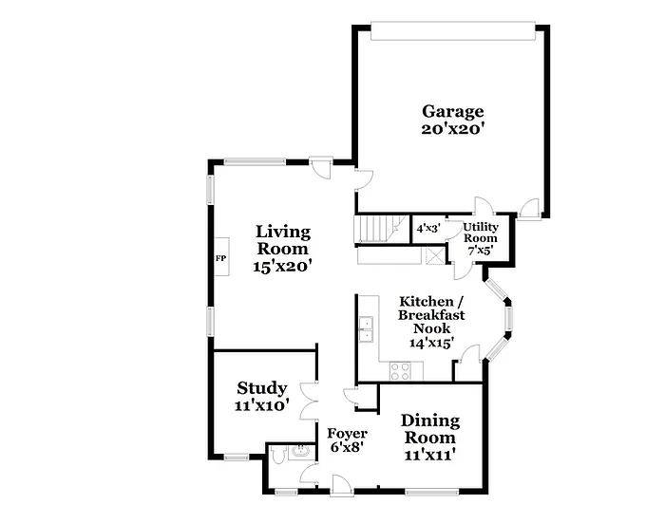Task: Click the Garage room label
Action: pos(453,111)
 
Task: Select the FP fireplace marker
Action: pos(220,258)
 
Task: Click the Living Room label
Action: pos(283,240)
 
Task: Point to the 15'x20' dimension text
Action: pos(283,268)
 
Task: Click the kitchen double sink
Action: pos(365,329)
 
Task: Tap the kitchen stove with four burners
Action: pos(400,370)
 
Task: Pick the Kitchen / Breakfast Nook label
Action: pos(426,314)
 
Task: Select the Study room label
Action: pos(261,387)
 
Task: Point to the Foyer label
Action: pos(348,433)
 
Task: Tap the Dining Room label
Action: pos(429,428)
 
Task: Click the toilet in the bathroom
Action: pos(275,455)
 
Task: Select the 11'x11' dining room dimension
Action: pos(429,455)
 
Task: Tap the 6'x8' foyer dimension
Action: pos(348,447)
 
